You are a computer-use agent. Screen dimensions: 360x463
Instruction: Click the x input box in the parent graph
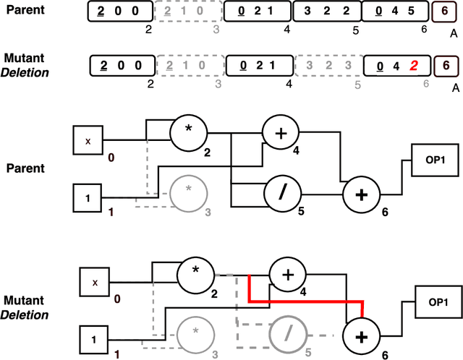88,142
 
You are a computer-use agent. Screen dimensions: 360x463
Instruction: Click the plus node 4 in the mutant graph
288,276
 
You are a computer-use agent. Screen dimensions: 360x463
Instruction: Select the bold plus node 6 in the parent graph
360,194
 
